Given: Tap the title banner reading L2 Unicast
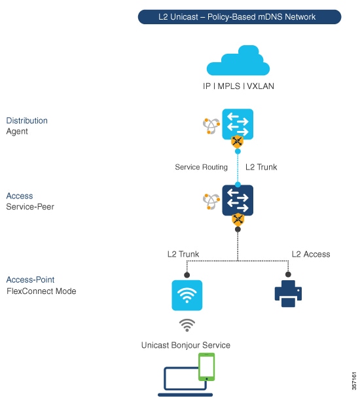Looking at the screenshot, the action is point(240,17).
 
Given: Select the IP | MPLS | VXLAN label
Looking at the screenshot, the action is point(238,86).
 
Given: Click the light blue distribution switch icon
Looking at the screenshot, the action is point(238,124).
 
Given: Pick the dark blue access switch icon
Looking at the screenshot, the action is point(238,200).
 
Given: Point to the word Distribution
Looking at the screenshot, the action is point(27,120).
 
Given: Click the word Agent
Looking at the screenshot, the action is point(17,132).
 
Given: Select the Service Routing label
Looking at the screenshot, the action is point(201,167).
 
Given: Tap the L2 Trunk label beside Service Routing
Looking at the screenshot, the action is point(261,167).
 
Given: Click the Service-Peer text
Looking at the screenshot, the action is point(30,207).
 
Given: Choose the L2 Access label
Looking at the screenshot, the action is point(311,254).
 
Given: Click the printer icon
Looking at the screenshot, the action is point(288,293).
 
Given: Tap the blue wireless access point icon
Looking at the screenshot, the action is point(187,295).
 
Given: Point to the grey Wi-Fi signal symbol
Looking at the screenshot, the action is point(187,325).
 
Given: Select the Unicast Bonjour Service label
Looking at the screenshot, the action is point(186,345).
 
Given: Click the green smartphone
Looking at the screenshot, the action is point(207,367).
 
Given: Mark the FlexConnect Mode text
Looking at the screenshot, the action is point(41,291).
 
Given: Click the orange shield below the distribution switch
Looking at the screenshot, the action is point(237,142).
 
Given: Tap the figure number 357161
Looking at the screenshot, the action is point(354,381).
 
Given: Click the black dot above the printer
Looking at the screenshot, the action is point(288,274).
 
